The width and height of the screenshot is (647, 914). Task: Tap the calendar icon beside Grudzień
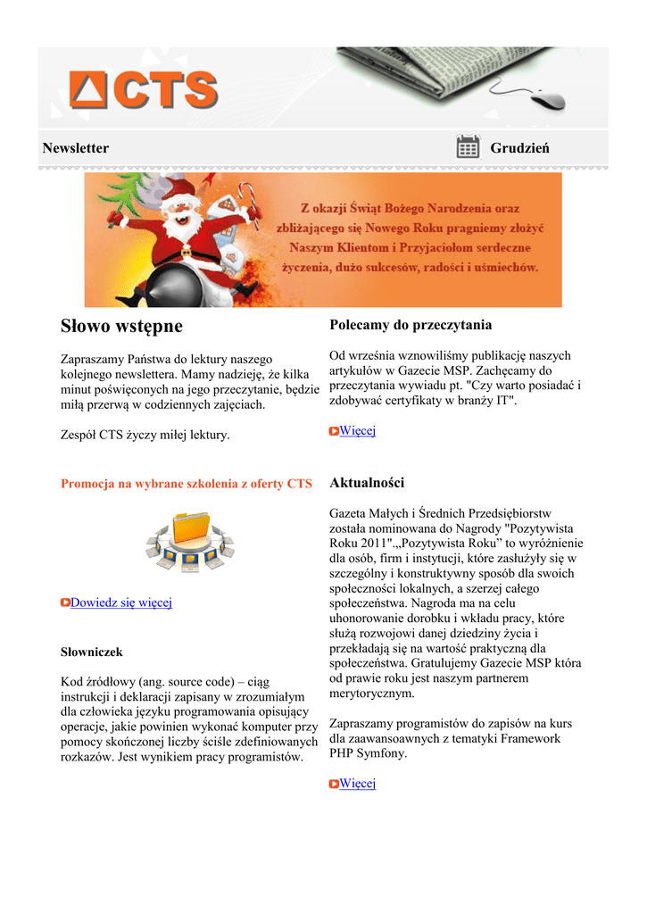click(468, 147)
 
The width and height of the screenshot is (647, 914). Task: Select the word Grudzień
click(519, 148)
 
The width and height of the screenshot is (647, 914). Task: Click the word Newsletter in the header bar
click(76, 148)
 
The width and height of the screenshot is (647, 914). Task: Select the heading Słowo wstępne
click(121, 327)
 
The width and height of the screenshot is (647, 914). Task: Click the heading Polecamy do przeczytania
click(411, 325)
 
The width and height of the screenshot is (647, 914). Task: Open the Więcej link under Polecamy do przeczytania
click(357, 431)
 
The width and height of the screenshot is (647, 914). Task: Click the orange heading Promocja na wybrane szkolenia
click(186, 484)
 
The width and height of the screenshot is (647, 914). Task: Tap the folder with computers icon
click(189, 541)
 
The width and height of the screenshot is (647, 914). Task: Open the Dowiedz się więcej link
click(120, 602)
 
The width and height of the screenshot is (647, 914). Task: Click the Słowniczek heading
click(91, 652)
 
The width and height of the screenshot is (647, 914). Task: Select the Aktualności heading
click(367, 483)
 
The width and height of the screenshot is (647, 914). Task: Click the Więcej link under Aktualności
click(357, 784)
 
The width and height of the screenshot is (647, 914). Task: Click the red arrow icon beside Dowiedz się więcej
click(65, 603)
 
